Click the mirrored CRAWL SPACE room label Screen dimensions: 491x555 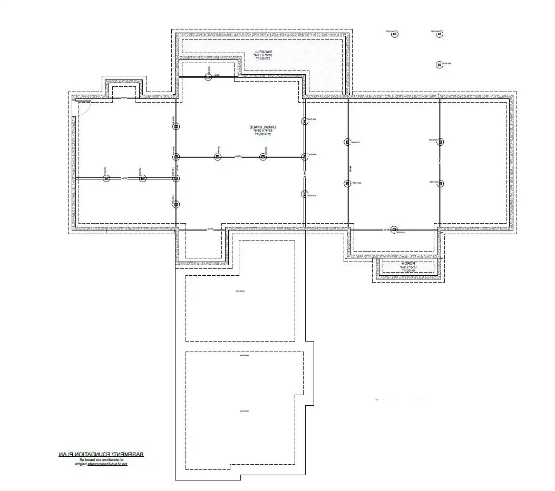262,127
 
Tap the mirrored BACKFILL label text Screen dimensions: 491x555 262,51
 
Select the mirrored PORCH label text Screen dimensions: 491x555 408,263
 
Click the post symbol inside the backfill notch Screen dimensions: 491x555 208,77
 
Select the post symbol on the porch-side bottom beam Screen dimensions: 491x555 394,229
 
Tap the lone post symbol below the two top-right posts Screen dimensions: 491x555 439,65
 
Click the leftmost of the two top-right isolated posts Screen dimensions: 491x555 394,34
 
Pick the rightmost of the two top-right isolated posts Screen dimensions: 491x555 439,34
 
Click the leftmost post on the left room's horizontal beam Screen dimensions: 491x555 106,179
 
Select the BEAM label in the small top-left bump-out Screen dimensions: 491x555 124,98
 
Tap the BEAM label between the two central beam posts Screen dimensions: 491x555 239,156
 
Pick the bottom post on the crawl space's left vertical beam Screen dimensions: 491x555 176,204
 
